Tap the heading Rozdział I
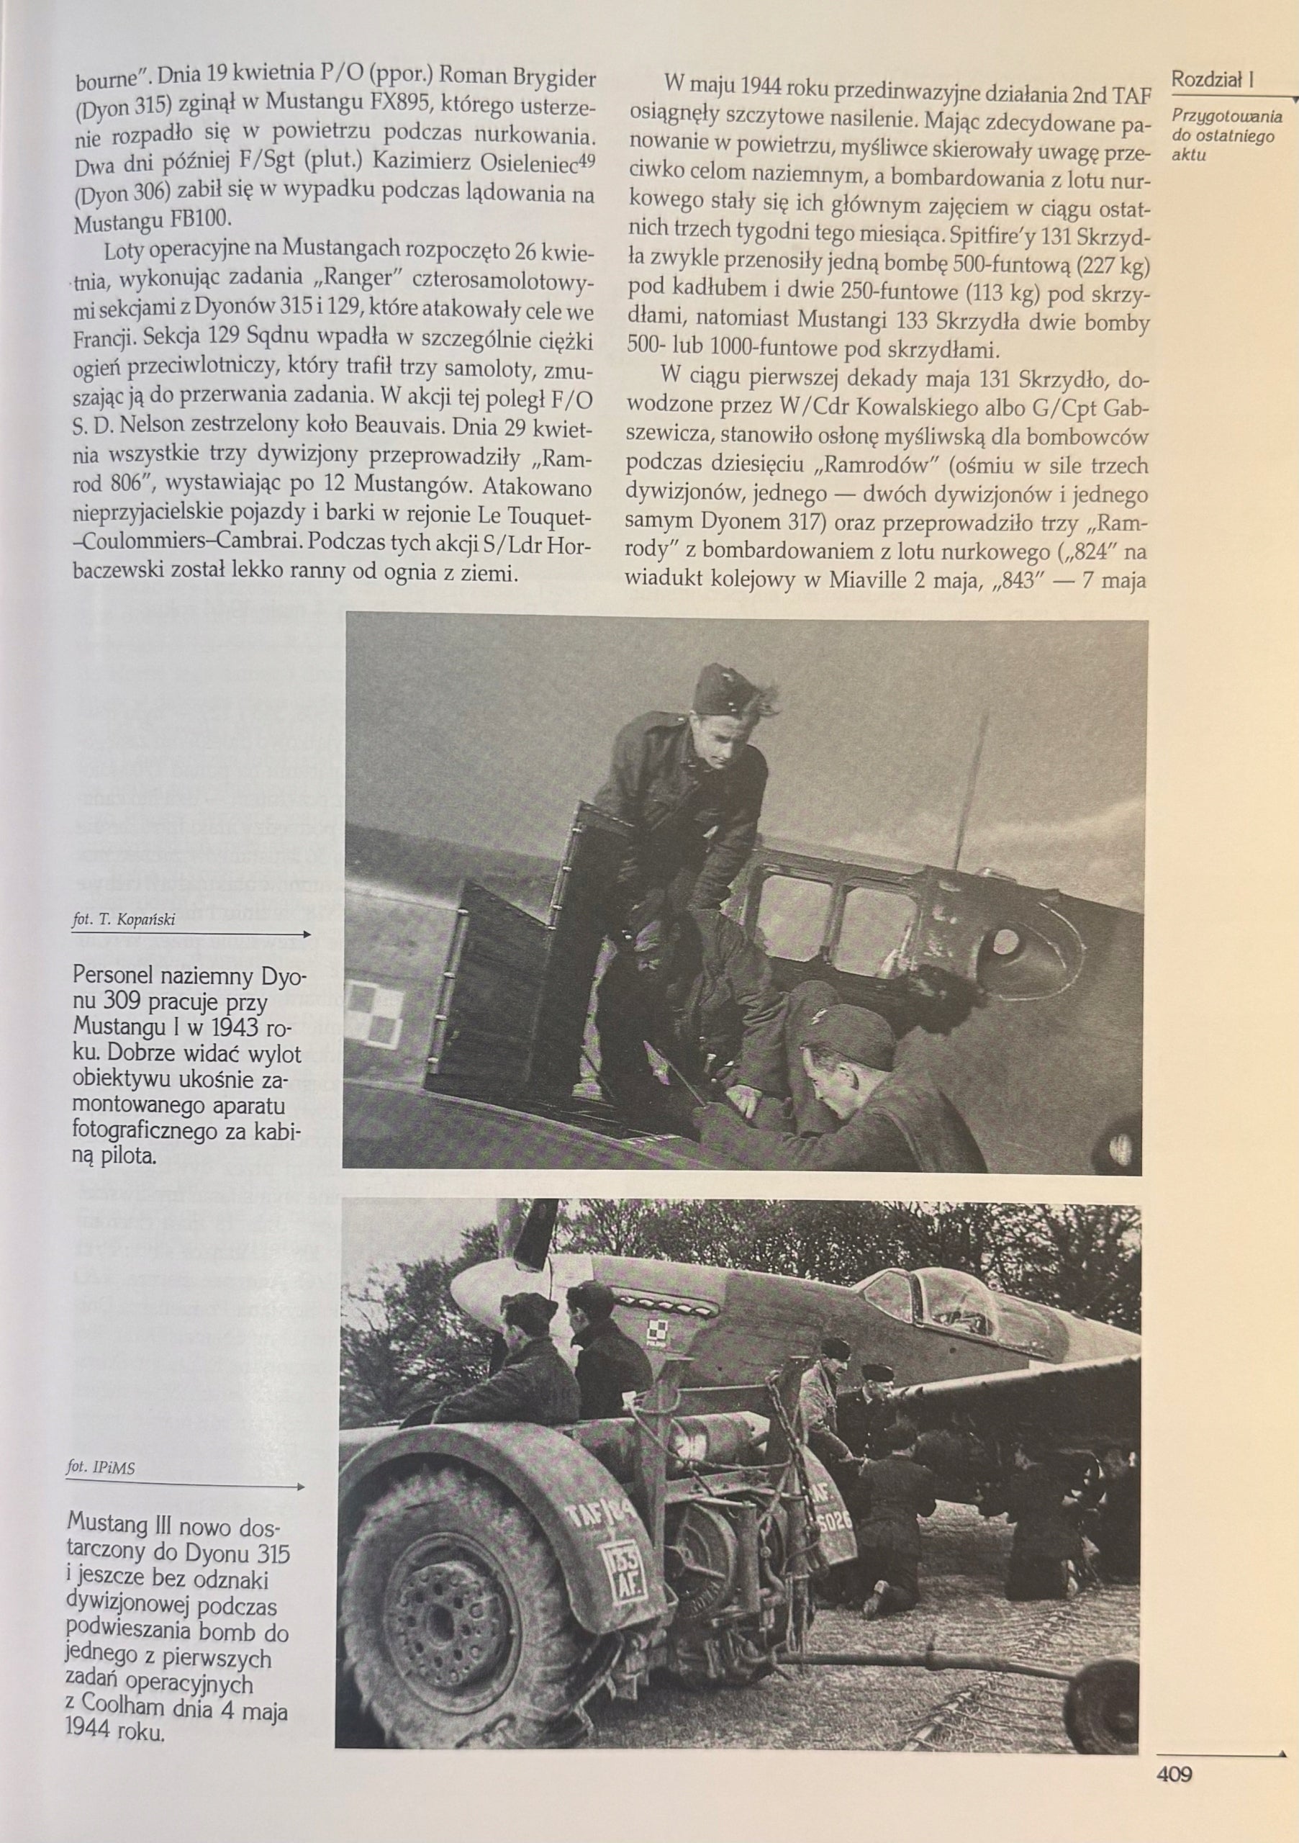pos(1213,79)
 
